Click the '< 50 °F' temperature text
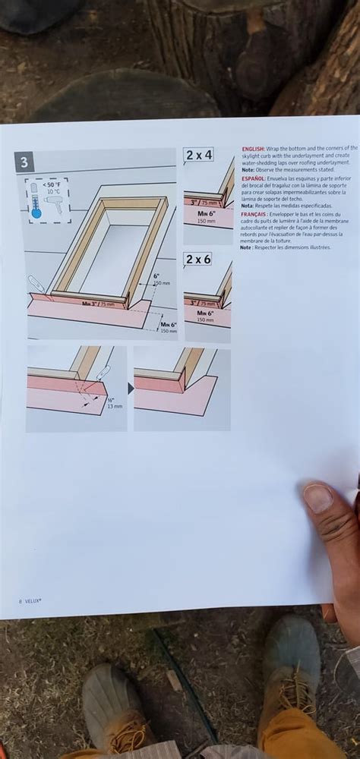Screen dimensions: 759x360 52,184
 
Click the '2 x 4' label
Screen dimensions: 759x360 198,155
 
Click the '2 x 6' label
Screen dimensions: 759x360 198,259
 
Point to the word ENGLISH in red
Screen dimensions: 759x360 253,149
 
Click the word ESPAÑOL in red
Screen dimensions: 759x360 253,178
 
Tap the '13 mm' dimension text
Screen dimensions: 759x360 115,406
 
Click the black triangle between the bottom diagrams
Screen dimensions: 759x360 130,389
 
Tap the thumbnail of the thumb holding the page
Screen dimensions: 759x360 317,498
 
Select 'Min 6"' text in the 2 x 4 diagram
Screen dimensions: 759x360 206,214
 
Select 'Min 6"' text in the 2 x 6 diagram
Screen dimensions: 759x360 205,313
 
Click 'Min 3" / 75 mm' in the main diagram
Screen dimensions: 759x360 98,303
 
